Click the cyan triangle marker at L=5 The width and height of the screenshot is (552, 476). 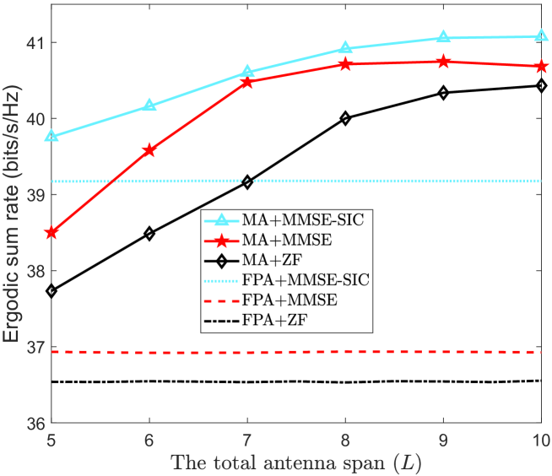click(x=51, y=136)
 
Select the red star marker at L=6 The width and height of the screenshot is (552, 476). click(x=149, y=150)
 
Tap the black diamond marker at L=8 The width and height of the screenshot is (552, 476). click(x=346, y=118)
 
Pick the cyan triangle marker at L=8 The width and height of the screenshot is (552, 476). click(x=346, y=48)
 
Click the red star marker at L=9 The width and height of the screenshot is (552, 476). click(x=444, y=62)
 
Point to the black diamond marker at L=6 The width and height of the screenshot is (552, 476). click(x=149, y=234)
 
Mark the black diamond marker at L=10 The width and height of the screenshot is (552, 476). click(x=541, y=85)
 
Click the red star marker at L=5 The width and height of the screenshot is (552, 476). click(x=51, y=232)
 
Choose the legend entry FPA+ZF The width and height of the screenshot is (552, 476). click(x=256, y=321)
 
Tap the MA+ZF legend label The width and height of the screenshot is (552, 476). click(x=272, y=261)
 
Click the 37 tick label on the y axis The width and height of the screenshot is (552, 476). click(x=36, y=347)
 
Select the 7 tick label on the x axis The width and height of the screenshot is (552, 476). click(x=247, y=441)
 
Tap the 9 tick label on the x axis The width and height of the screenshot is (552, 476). click(x=444, y=441)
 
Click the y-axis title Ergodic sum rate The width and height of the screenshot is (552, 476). click(x=12, y=214)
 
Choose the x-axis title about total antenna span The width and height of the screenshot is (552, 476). click(x=296, y=462)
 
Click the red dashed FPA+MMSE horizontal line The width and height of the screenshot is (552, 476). click(x=296, y=352)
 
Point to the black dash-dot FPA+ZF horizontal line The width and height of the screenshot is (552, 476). click(x=296, y=381)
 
